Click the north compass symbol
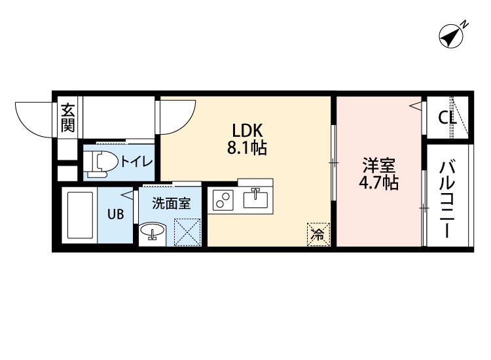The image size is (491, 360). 451,37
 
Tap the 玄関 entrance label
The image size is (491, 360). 68,118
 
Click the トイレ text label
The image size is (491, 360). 137,162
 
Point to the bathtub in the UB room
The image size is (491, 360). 80,215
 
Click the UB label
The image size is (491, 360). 115,215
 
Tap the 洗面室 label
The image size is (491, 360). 172,204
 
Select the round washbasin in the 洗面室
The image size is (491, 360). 152,230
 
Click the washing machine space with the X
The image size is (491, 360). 187,232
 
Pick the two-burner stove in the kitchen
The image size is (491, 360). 223,200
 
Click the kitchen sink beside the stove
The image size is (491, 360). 255,198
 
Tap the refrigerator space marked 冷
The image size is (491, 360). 318,234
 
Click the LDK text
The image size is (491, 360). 247,130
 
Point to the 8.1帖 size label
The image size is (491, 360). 247,148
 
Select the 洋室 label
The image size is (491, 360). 378,166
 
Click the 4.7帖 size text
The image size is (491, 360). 378,183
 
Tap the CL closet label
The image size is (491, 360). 447,118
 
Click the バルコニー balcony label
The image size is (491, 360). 447,200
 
